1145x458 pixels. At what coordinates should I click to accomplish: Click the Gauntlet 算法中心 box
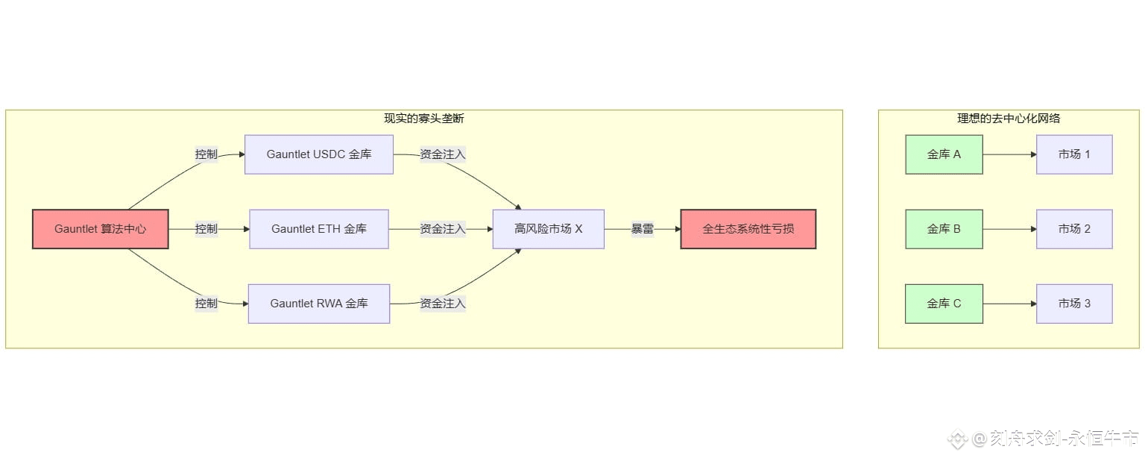point(101,229)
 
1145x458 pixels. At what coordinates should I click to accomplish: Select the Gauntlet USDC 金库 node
point(319,154)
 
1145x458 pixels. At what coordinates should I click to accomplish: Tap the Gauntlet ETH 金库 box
point(319,229)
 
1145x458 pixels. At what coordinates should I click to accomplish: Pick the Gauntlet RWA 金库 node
point(319,304)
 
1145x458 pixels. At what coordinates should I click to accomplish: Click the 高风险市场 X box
point(548,229)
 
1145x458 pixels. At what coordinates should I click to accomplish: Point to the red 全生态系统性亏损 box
point(748,229)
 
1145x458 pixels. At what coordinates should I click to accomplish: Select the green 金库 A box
point(944,154)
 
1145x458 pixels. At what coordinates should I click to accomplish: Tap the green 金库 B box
point(944,229)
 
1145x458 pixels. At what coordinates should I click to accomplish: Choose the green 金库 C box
point(944,304)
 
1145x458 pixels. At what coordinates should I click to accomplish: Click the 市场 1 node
point(1074,154)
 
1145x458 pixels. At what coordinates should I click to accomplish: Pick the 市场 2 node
point(1074,229)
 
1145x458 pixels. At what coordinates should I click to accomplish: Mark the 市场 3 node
point(1074,304)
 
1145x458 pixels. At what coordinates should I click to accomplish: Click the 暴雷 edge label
point(643,229)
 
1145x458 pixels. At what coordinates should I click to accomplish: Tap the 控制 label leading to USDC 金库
point(206,154)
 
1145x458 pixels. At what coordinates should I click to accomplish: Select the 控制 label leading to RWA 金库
point(206,304)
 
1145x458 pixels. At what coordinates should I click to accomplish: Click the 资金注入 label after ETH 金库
point(443,229)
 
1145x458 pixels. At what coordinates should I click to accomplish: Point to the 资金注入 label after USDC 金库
point(443,154)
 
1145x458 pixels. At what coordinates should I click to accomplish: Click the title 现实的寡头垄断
point(423,119)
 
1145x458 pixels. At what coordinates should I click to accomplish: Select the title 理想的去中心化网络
point(1009,119)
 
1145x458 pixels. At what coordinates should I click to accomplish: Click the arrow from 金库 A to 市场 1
point(1009,154)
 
